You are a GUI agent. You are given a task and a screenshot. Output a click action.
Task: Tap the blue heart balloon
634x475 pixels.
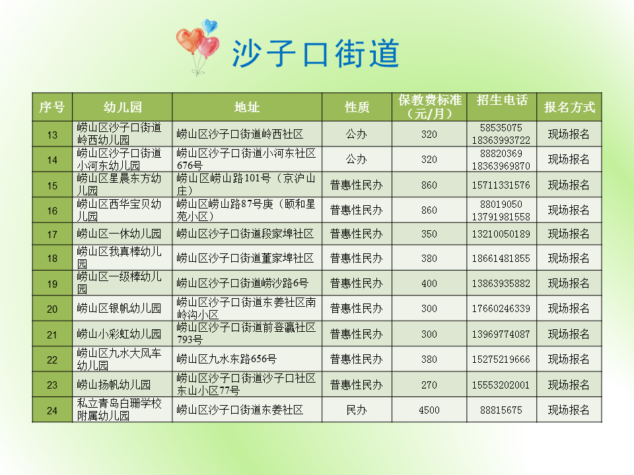click(210, 27)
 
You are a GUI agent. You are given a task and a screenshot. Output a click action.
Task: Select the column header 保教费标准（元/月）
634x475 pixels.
click(429, 107)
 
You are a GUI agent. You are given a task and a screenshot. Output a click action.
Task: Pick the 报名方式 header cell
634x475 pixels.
click(569, 107)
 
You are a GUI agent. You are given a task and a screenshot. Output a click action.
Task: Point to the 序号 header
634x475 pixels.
click(52, 107)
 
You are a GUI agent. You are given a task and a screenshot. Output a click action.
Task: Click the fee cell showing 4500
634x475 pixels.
click(429, 410)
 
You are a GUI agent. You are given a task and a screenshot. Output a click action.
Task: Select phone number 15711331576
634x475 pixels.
click(501, 185)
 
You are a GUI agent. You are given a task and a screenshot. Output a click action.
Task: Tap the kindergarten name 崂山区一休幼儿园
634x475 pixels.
click(119, 234)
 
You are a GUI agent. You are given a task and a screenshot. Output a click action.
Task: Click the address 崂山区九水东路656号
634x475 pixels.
click(227, 360)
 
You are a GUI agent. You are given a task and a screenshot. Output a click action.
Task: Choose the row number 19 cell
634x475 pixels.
click(52, 284)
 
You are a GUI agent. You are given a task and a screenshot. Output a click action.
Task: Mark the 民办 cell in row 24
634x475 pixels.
click(357, 410)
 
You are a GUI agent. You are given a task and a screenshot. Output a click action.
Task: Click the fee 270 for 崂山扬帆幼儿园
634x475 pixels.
click(429, 385)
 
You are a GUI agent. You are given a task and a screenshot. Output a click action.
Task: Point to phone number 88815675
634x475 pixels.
click(501, 410)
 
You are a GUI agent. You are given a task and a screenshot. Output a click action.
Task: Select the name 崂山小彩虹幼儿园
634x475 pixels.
click(119, 334)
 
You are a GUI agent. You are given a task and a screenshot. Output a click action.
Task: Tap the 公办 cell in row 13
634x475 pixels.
click(357, 135)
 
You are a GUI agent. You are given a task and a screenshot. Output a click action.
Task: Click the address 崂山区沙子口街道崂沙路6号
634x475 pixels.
click(242, 284)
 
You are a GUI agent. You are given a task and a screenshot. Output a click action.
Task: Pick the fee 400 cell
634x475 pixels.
click(429, 284)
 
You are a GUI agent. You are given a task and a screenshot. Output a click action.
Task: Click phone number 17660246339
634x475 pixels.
click(501, 309)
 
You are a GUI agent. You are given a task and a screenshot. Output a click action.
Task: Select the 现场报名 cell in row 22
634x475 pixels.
click(569, 360)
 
